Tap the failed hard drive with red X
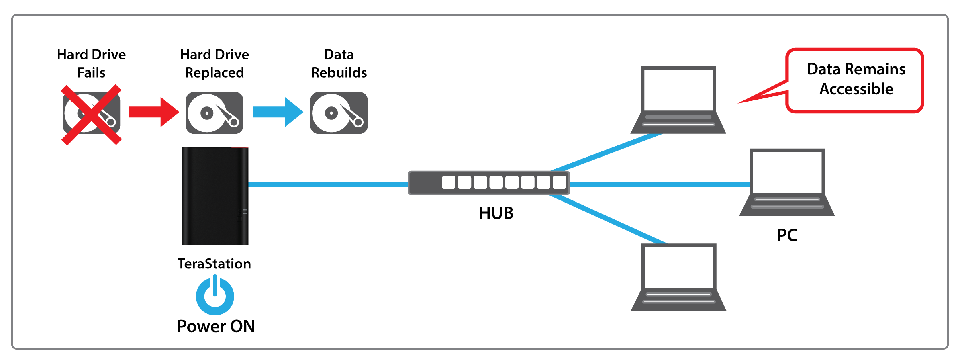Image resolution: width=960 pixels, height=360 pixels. pos(92,114)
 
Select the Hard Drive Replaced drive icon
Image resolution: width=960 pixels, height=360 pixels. pos(214,113)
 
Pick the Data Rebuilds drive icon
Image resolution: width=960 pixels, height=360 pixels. pos(339,113)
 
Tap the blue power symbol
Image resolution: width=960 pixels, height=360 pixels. pos(215,296)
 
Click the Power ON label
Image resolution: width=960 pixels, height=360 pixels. pos(216,326)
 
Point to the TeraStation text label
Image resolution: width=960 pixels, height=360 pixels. pos(214,264)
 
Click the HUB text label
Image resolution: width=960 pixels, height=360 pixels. pos(496,213)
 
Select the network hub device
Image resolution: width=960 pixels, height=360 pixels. pos(488,183)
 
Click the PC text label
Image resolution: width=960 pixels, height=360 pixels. pos(787,235)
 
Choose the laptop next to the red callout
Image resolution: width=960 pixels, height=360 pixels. pos(678,100)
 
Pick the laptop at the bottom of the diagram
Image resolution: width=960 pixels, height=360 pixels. pos(678,277)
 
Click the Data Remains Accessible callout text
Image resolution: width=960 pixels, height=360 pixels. pos(856,79)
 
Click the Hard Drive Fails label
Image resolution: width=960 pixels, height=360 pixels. pos(92,63)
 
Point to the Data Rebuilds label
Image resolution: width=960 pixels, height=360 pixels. pos(339,63)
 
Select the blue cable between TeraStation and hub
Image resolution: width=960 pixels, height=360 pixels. pos(328,184)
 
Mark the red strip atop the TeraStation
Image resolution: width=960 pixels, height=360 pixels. pos(239,147)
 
